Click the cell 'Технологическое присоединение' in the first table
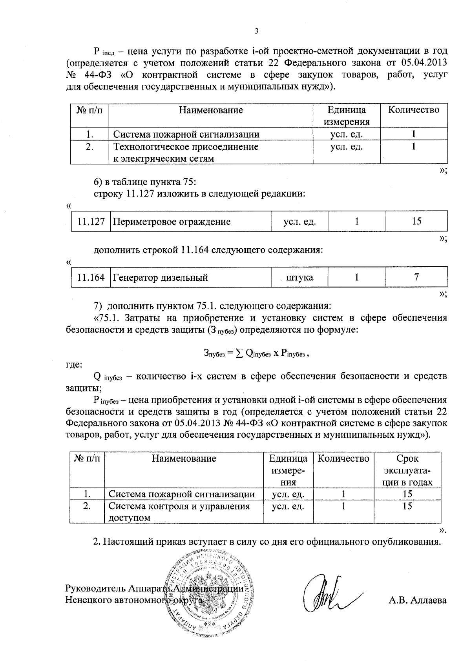click(x=186, y=147)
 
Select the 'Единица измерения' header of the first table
click(x=347, y=116)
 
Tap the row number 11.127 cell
click(x=91, y=222)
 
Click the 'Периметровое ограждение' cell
click(x=172, y=222)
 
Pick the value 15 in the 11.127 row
click(x=416, y=221)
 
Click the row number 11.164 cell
click(x=91, y=278)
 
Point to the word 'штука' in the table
click(x=300, y=278)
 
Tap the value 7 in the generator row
click(x=416, y=277)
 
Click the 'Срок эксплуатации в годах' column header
click(x=407, y=470)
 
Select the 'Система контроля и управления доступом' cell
click(x=179, y=511)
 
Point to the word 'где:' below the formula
click(x=74, y=365)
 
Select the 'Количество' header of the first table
click(x=414, y=110)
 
